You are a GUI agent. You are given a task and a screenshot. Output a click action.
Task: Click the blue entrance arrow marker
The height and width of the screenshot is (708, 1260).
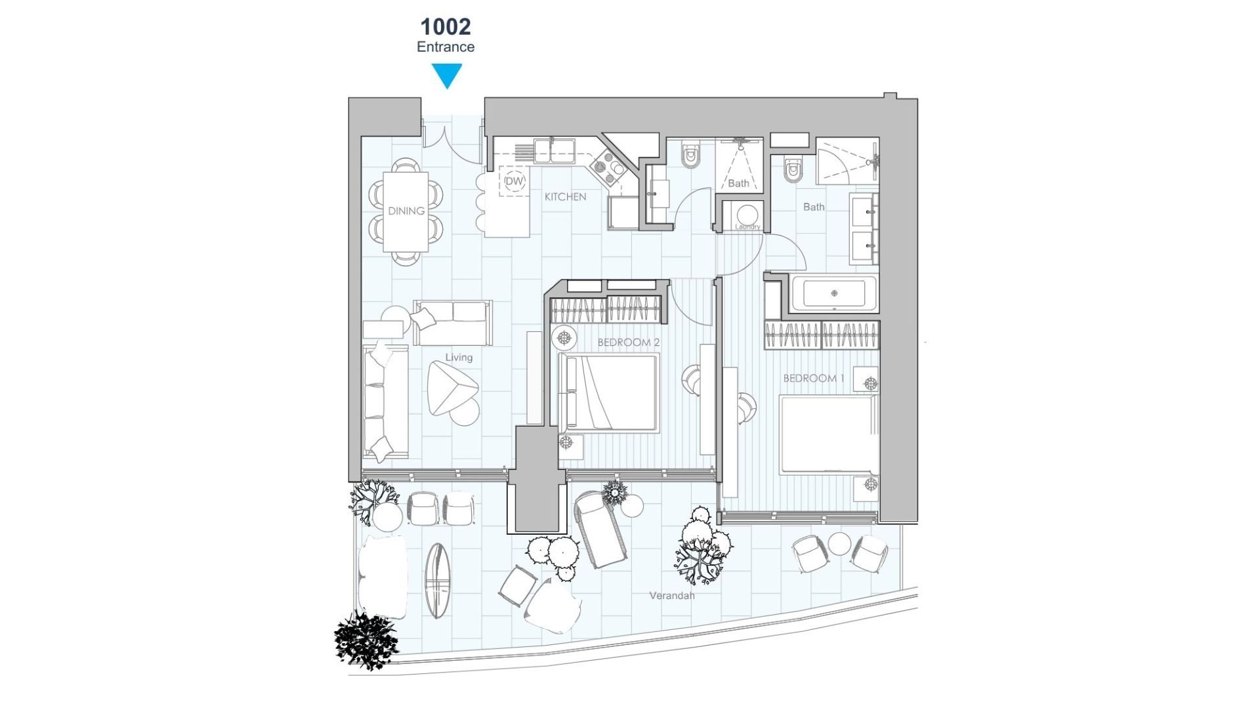[447, 75]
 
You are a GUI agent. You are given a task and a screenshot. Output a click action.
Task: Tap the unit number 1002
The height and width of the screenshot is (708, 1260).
[446, 27]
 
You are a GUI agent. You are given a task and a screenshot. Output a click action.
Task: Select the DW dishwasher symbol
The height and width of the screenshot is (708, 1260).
[515, 181]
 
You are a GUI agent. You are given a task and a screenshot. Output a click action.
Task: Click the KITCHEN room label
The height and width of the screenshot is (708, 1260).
[565, 196]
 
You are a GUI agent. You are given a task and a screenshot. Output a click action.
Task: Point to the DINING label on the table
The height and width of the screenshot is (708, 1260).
[406, 211]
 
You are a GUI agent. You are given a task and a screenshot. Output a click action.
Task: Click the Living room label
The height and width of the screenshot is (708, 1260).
[459, 358]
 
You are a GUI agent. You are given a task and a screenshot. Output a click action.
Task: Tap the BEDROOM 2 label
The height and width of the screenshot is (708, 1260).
[628, 343]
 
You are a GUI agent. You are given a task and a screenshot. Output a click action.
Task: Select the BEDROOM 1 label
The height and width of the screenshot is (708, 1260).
[814, 378]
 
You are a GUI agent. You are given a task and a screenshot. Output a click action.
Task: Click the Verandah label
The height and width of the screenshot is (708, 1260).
[671, 596]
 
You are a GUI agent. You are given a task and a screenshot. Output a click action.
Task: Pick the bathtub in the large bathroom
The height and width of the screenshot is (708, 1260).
[834, 293]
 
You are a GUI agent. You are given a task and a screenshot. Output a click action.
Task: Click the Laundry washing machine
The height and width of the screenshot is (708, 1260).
[747, 215]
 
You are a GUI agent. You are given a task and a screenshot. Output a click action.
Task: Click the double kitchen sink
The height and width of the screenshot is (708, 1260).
[555, 150]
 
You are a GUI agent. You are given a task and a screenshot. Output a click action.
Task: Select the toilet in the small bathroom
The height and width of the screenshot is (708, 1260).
[690, 156]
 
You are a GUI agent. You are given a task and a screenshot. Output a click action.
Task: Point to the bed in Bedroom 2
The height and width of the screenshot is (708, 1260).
[608, 393]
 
